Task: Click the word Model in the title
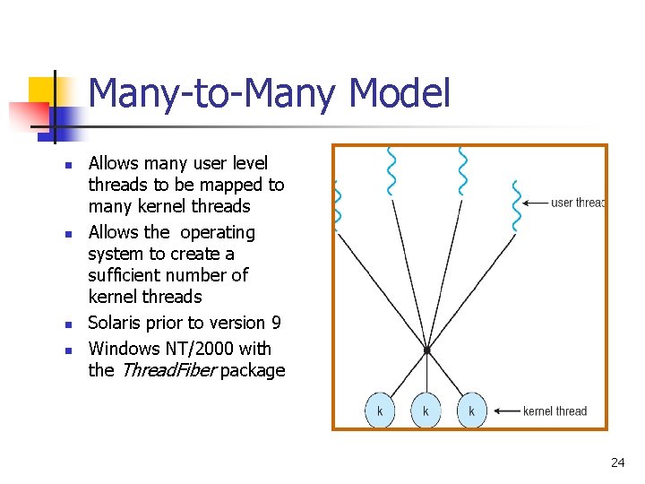coord(400,94)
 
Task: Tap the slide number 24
coord(617,462)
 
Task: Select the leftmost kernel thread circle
coord(380,411)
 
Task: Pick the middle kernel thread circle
coord(426,411)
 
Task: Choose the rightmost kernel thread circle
coord(471,411)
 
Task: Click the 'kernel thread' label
coord(555,411)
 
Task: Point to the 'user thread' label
coord(578,203)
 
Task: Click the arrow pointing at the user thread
coord(535,203)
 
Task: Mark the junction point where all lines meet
coord(427,349)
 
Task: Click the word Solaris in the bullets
coord(116,323)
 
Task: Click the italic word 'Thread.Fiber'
coord(167,370)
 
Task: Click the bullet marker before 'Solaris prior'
coord(67,324)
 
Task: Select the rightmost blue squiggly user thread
coord(515,205)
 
